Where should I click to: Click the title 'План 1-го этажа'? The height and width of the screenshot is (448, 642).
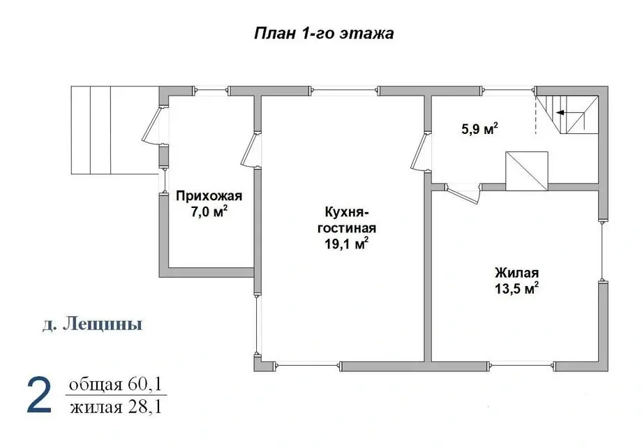323,33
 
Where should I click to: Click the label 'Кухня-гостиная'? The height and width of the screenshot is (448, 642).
347,219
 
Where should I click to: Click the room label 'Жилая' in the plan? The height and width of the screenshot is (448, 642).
516,273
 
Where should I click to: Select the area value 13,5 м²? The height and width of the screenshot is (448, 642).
516,289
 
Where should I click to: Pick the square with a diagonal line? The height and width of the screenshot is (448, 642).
527,170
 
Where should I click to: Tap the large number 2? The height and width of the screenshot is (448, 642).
39,395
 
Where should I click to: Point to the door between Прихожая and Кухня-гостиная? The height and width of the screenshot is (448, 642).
249,150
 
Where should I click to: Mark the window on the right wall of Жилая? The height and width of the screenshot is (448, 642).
602,251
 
